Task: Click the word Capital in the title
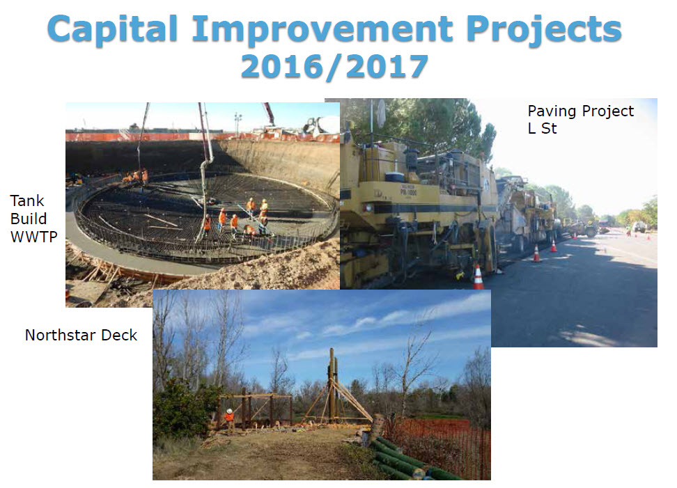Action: coord(112,29)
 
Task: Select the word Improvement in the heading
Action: coord(322,29)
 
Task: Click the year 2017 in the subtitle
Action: coord(387,67)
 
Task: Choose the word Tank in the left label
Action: coord(26,200)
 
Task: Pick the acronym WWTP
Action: coord(33,237)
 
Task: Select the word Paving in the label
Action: coord(552,112)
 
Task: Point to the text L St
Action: coord(543,128)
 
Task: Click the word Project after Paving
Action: coord(608,112)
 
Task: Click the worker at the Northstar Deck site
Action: coord(230,420)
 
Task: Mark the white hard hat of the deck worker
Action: coord(230,411)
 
